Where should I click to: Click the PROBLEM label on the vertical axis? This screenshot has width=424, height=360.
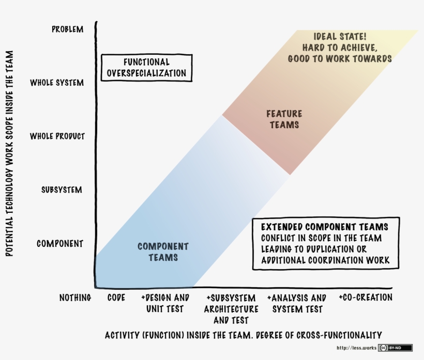[x=67, y=29]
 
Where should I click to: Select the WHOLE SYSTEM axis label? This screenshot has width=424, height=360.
[x=57, y=83]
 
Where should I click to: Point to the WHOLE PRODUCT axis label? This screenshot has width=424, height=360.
[x=57, y=136]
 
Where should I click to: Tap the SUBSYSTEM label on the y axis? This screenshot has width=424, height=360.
[x=62, y=190]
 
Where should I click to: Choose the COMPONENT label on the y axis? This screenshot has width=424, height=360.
[x=60, y=243]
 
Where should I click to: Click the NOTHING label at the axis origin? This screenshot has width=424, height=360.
[x=75, y=298]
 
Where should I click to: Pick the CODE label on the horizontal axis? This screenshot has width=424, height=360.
[x=116, y=298]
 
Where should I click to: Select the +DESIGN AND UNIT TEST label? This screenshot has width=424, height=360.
[x=165, y=303]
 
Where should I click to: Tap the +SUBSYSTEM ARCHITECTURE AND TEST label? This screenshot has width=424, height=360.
[x=231, y=309]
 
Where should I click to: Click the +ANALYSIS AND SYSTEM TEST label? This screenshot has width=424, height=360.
[x=297, y=303]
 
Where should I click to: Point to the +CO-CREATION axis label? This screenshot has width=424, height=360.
[x=366, y=298]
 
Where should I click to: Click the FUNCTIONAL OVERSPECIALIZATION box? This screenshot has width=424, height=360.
[x=146, y=68]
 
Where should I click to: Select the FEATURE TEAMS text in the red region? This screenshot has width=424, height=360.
[x=284, y=119]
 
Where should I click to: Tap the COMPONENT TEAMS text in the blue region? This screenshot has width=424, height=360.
[x=163, y=252]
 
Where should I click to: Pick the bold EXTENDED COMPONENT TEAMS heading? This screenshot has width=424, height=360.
[x=324, y=227]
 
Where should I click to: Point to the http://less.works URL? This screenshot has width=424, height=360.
[x=356, y=348]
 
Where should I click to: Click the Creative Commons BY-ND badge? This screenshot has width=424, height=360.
[x=395, y=348]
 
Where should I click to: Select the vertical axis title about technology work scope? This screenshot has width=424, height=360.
[x=9, y=153]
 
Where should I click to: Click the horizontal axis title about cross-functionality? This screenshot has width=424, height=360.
[x=243, y=334]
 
